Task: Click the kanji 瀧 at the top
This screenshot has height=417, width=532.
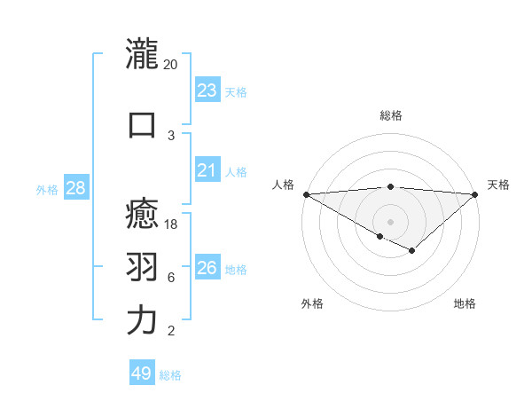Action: (x=142, y=54)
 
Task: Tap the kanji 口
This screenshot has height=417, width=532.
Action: (x=142, y=124)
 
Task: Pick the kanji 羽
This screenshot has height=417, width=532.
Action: (x=142, y=267)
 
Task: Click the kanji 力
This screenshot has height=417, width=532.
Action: (x=142, y=320)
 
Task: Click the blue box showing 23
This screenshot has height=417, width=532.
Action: (x=207, y=90)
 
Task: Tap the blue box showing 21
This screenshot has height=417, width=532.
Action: (x=207, y=170)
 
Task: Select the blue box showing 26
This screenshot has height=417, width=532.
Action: (x=207, y=268)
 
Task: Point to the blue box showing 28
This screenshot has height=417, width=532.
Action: (x=75, y=188)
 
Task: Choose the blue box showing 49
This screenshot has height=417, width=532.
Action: (x=142, y=374)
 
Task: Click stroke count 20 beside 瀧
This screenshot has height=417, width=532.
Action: (x=170, y=65)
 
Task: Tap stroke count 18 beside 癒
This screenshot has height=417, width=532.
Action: (x=171, y=224)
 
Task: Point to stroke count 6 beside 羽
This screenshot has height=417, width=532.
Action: (x=171, y=278)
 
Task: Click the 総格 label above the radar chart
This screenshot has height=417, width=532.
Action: (x=390, y=115)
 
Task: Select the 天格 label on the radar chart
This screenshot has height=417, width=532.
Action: (x=498, y=185)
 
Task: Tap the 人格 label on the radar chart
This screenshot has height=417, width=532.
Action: (x=283, y=185)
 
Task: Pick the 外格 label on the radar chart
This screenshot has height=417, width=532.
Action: (x=312, y=303)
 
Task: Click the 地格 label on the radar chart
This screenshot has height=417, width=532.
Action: (x=465, y=303)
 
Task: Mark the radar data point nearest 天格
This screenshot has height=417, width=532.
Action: (x=475, y=194)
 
